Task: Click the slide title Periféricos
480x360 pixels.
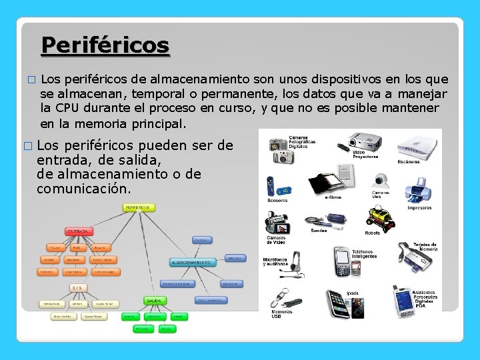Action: pyautogui.click(x=105, y=45)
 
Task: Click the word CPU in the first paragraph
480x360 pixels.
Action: pyautogui.click(x=68, y=108)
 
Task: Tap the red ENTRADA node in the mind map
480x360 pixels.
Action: pyautogui.click(x=78, y=231)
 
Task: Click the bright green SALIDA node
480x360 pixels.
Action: pyautogui.click(x=155, y=301)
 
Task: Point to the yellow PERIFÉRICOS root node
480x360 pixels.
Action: pyautogui.click(x=138, y=207)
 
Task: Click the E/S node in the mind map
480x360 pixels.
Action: pyautogui.click(x=78, y=287)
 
